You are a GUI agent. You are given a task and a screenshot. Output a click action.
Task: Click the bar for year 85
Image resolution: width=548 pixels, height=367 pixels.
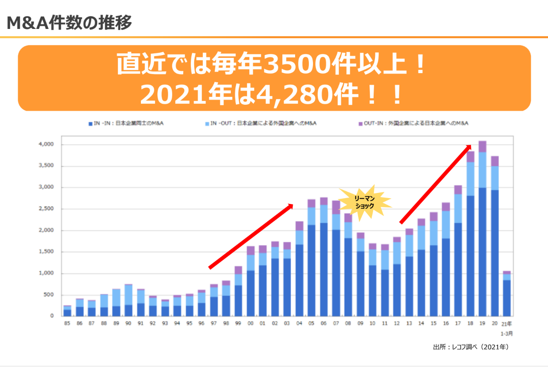click(x=67, y=311)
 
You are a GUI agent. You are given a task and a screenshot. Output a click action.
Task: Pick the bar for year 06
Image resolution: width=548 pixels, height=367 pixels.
click(x=324, y=257)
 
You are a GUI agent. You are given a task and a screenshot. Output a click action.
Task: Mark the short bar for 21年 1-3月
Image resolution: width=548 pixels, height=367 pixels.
click(x=506, y=294)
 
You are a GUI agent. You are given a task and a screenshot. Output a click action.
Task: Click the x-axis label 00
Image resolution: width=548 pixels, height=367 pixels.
click(x=250, y=324)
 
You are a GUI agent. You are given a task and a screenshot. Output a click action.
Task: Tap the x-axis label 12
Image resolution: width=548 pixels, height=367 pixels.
click(x=397, y=324)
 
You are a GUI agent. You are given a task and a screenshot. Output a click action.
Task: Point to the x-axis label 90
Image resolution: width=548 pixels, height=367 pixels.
click(x=128, y=324)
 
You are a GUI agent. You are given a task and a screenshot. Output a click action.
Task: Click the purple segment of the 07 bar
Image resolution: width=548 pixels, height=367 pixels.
click(x=336, y=207)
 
